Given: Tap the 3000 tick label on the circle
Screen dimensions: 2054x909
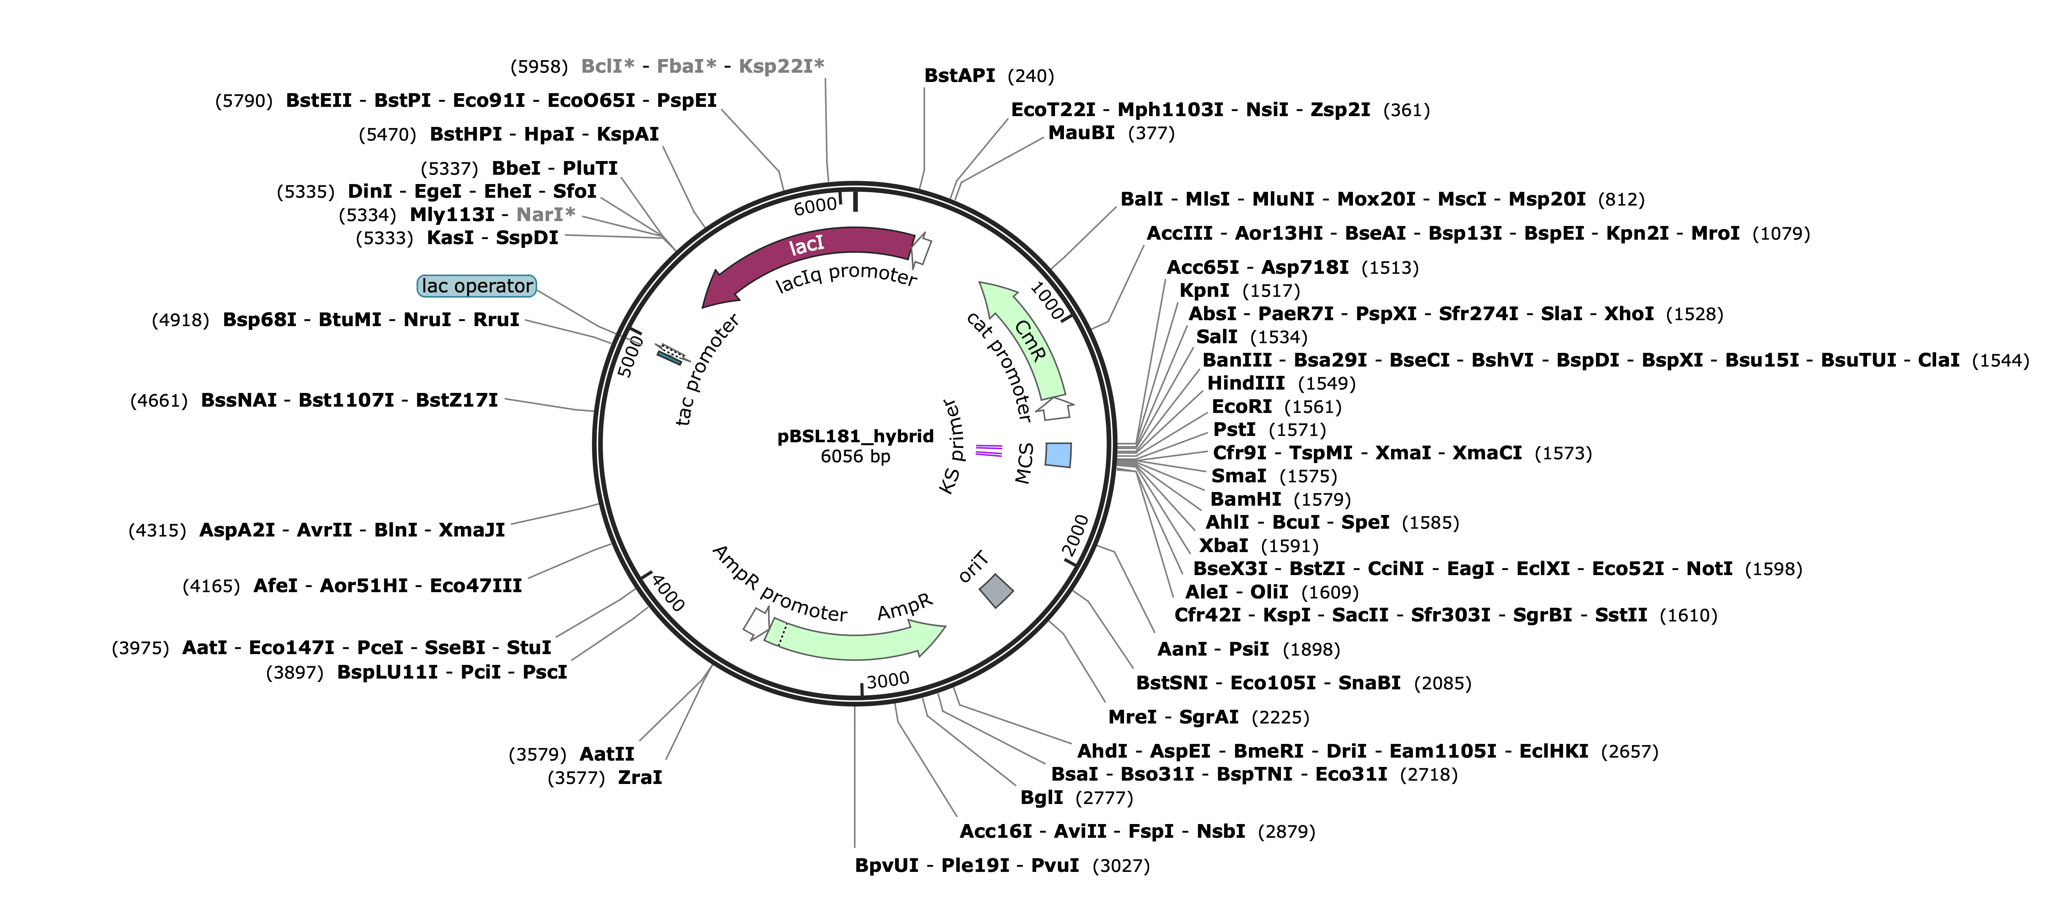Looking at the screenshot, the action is click(887, 680).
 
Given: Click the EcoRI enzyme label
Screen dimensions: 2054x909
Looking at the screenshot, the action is click(1242, 407).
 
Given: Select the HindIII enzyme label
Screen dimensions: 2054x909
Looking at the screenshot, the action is click(1245, 384).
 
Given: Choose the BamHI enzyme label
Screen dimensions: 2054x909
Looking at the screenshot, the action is click(1245, 499).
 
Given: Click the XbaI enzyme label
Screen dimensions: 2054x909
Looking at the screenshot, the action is click(1223, 545).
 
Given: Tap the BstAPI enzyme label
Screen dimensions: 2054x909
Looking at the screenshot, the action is click(959, 76).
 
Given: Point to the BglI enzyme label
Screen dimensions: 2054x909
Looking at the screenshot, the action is click(1041, 797).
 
